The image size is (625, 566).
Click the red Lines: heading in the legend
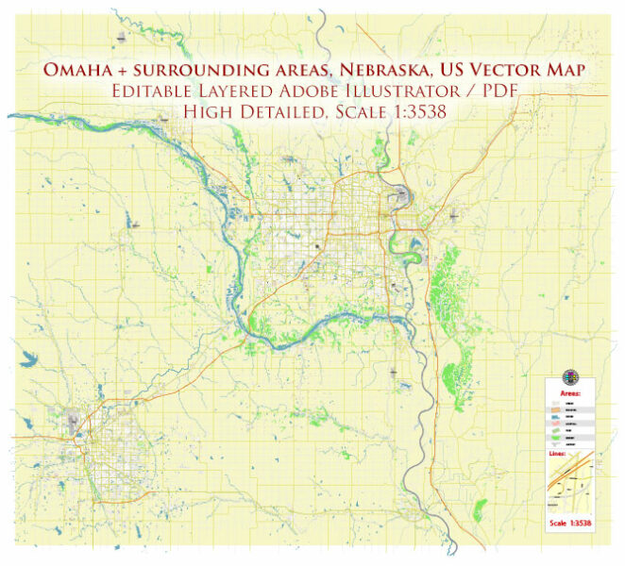[558, 454]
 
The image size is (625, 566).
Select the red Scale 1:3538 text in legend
[571, 522]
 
